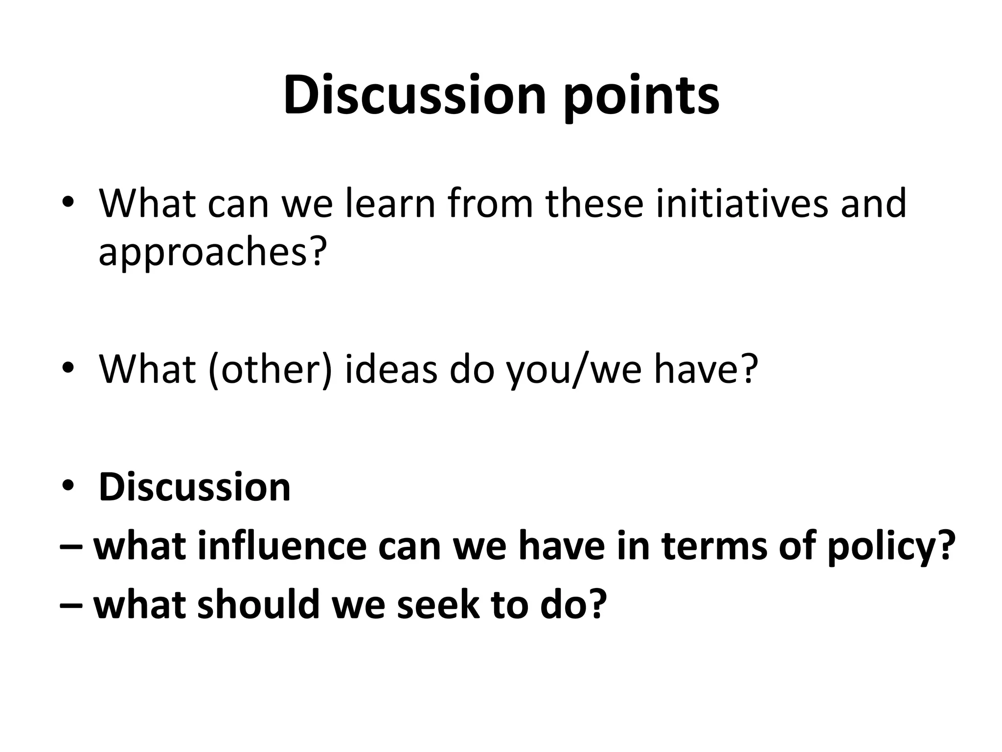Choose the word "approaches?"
pyautogui.click(x=212, y=253)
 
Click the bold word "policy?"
pyautogui.click(x=891, y=547)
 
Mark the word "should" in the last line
pyautogui.click(x=259, y=604)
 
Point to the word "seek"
pyautogui.click(x=438, y=604)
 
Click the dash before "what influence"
pyautogui.click(x=70, y=547)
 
